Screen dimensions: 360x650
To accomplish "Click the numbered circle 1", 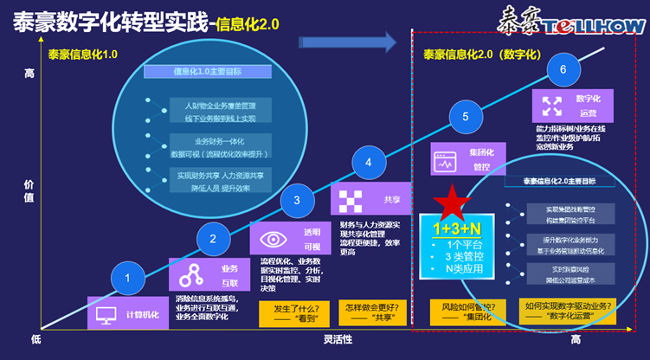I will [x=129, y=279].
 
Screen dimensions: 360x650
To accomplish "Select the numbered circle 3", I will [x=297, y=200].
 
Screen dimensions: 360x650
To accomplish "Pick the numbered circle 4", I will [x=370, y=162].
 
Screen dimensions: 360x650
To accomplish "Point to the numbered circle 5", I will [x=466, y=117].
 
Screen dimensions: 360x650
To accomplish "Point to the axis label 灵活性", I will [x=338, y=338].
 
